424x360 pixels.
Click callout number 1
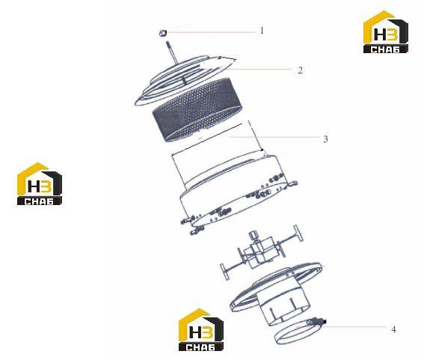click(262, 31)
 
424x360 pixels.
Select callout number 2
click(300, 70)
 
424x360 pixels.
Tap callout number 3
click(325, 139)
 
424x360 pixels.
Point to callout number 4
click(393, 329)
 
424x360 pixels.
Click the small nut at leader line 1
click(162, 33)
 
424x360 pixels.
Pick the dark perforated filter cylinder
click(197, 109)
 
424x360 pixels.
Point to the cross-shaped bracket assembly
click(262, 252)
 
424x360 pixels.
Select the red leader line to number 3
click(274, 137)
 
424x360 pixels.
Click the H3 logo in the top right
click(386, 31)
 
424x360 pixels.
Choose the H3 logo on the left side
click(40, 184)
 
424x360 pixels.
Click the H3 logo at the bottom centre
click(201, 329)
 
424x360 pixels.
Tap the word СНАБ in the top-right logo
click(385, 49)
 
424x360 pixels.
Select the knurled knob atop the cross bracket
click(254, 236)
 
